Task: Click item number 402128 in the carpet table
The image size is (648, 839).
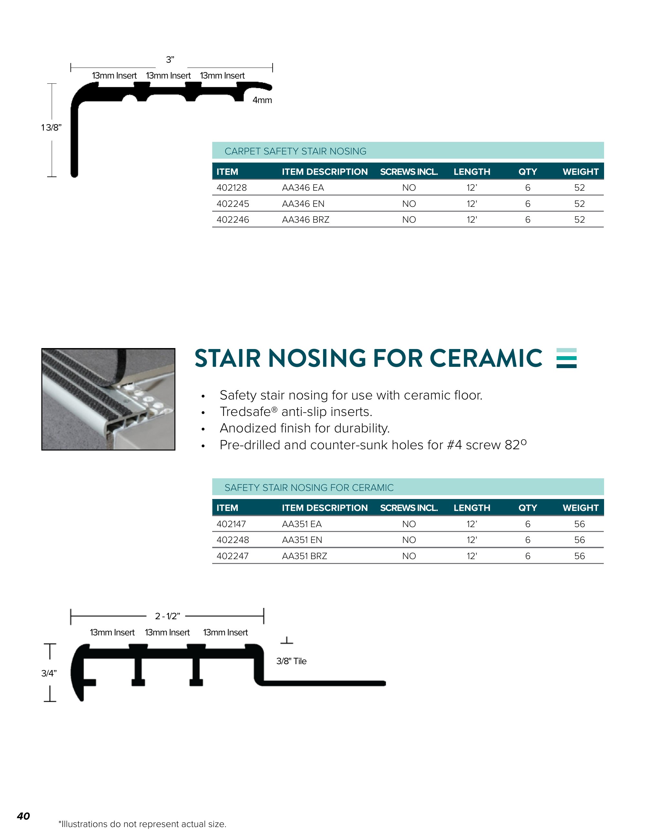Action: [x=232, y=187]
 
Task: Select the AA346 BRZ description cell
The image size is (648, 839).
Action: [x=306, y=219]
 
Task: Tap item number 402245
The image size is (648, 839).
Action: [x=233, y=204]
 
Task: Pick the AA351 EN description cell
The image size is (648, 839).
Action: [x=302, y=540]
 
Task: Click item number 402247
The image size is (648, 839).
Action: [x=232, y=556]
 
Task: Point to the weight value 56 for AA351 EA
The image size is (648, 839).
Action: [x=579, y=524]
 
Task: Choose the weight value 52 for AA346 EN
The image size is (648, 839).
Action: [x=579, y=204]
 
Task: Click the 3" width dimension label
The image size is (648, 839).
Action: [x=170, y=59]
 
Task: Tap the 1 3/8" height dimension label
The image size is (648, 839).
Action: [x=51, y=128]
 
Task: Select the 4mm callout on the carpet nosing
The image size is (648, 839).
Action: [x=262, y=100]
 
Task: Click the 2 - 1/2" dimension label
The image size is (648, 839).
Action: [x=167, y=616]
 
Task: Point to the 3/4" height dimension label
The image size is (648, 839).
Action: [x=49, y=673]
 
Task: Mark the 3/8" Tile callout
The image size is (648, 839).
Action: [x=291, y=661]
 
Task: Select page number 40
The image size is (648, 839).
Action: [x=23, y=816]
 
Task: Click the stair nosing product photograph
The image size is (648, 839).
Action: [x=108, y=399]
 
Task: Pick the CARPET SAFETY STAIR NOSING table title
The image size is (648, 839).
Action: [x=295, y=151]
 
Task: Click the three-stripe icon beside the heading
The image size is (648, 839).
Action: [x=566, y=358]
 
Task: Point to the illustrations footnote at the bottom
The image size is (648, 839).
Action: [x=142, y=824]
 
